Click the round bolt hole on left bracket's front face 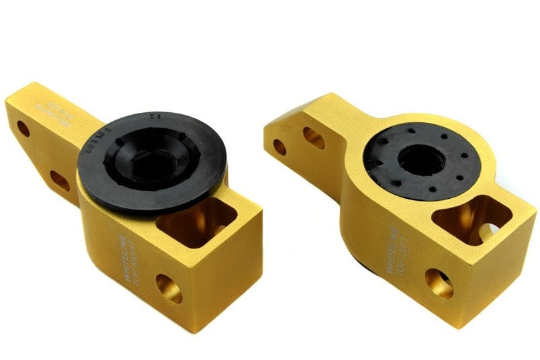tap(169, 287)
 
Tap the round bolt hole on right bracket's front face tap(439, 283)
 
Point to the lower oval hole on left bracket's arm tap(59, 180)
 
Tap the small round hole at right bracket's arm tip tap(279, 146)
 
